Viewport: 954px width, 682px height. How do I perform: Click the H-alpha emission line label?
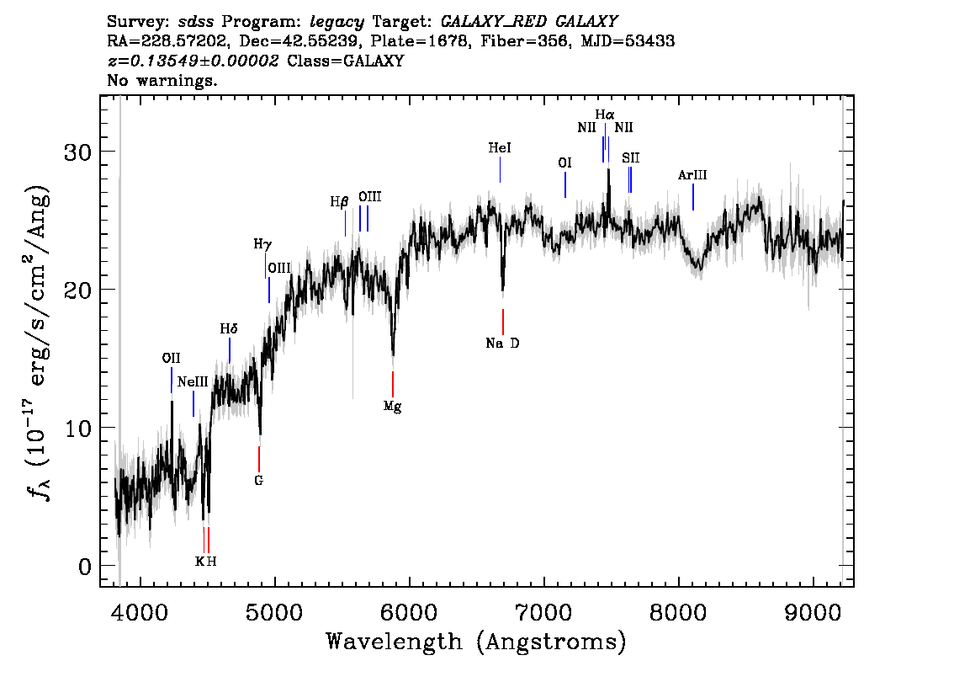pyautogui.click(x=604, y=115)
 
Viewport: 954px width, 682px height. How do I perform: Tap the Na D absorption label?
pyautogui.click(x=502, y=344)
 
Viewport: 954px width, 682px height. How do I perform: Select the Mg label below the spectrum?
pyautogui.click(x=392, y=407)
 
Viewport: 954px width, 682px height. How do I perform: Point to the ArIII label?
pyautogui.click(x=692, y=175)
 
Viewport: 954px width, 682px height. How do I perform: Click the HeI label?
pyautogui.click(x=500, y=147)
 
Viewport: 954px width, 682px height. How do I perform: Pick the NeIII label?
pyautogui.click(x=193, y=381)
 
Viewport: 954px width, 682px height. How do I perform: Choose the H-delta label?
pyautogui.click(x=229, y=329)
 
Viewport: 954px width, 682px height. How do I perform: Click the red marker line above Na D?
pyautogui.click(x=502, y=322)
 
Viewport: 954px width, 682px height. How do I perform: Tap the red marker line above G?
pyautogui.click(x=259, y=459)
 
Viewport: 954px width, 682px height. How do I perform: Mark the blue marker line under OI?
pyautogui.click(x=565, y=185)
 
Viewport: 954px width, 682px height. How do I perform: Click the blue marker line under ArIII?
pyautogui.click(x=692, y=197)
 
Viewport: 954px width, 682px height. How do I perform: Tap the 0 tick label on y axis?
pyautogui.click(x=84, y=567)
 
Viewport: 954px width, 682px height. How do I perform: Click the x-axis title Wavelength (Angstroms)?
pyautogui.click(x=476, y=642)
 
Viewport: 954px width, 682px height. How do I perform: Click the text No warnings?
pyautogui.click(x=162, y=81)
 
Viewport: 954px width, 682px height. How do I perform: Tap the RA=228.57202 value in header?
pyautogui.click(x=174, y=40)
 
